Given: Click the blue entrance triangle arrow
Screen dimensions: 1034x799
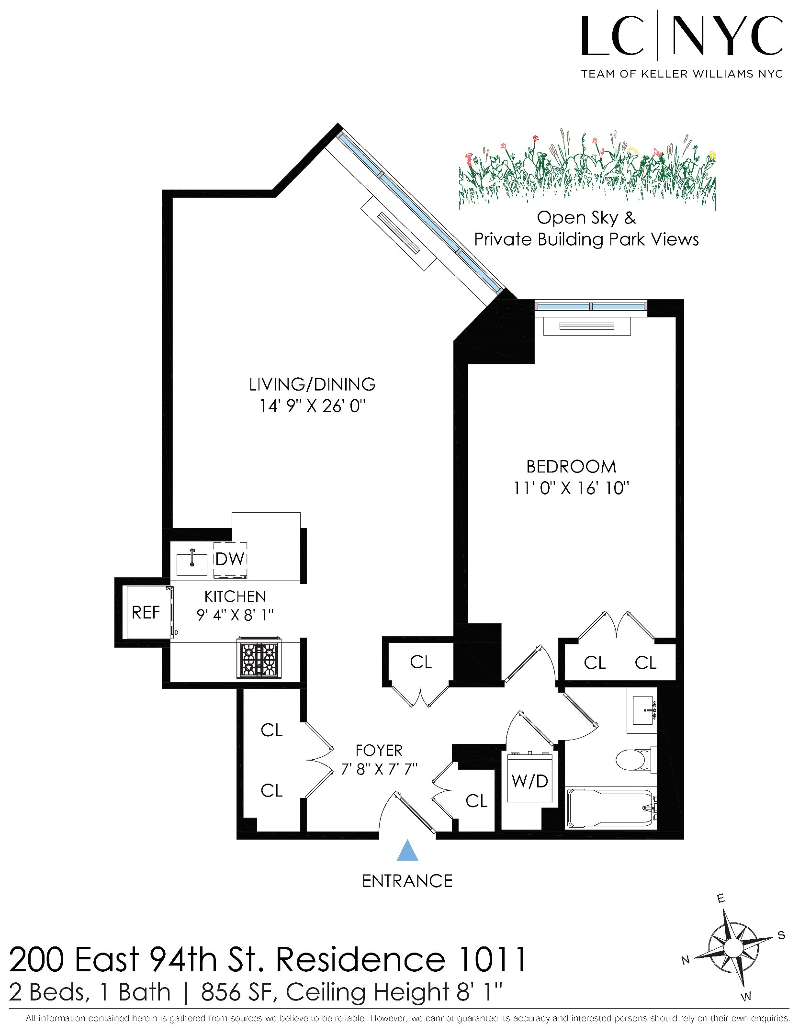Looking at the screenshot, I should pos(407,850).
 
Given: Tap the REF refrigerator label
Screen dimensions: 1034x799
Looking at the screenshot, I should pos(146,612).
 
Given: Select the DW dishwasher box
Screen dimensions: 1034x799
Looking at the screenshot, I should pos(230,559).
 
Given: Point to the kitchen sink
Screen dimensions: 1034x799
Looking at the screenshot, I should pos(191,564).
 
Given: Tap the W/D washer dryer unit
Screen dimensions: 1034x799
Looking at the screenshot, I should pos(529,781).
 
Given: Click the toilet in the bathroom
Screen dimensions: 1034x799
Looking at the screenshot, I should pos(633,759).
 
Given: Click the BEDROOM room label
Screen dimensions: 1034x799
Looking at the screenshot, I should pos(571,467).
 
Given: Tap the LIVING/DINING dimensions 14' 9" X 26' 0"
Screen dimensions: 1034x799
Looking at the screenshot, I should pos(312,406).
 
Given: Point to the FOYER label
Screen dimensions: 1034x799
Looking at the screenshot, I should pos(379,750).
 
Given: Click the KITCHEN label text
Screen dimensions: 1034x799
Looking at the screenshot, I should pos(235,596).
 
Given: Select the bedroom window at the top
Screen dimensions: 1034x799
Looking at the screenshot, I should pos(590,306).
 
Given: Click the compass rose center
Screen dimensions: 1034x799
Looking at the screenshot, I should pos(732,948).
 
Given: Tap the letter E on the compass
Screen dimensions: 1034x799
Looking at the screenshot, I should pos(720,899).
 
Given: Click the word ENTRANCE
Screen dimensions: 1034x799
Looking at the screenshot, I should pos(407,881).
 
